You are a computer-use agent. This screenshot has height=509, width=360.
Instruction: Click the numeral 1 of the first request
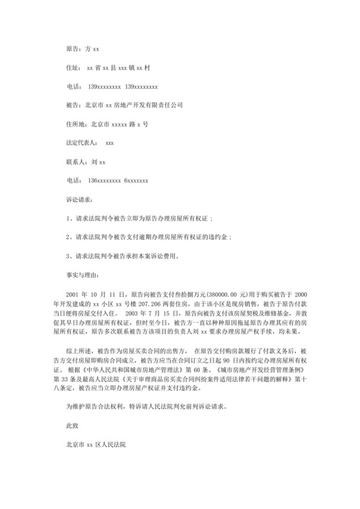coord(69,219)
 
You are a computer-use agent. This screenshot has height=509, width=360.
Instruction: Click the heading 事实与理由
coord(83,274)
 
